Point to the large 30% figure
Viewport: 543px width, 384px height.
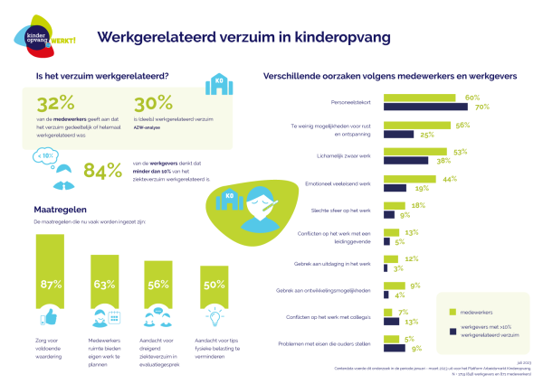coord(154,105)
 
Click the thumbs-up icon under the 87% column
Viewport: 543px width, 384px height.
coord(51,317)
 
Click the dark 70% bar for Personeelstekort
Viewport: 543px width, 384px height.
coord(431,108)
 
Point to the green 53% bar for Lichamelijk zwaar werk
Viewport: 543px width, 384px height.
coord(417,153)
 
